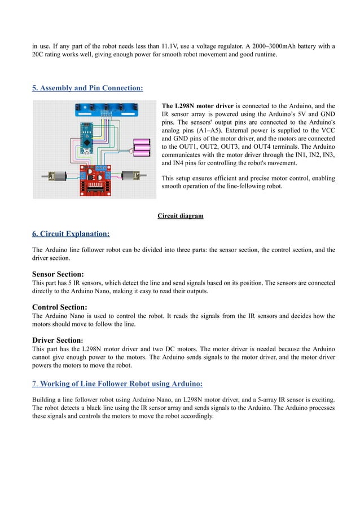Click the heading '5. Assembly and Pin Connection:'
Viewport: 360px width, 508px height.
point(87,88)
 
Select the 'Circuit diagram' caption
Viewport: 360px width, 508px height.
point(180,216)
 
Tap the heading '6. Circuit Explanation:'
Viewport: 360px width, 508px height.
point(71,233)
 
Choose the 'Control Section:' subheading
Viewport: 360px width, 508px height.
point(60,307)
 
